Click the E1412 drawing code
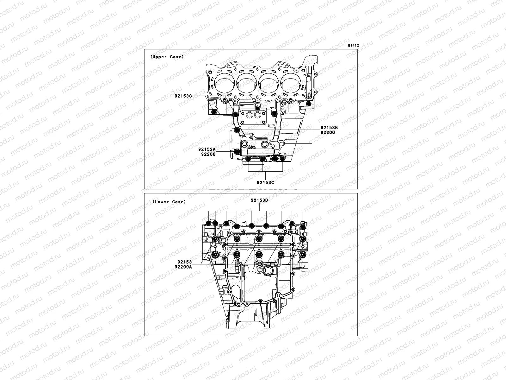pos(353,46)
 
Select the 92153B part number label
pos(329,128)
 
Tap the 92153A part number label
pos(207,149)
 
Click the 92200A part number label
pos(183,267)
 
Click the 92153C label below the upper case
pos(265,183)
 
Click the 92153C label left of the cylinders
pos(183,96)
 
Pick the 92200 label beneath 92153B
pos(328,132)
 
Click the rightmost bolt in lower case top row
pos(303,226)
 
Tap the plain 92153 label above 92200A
pos(185,262)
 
